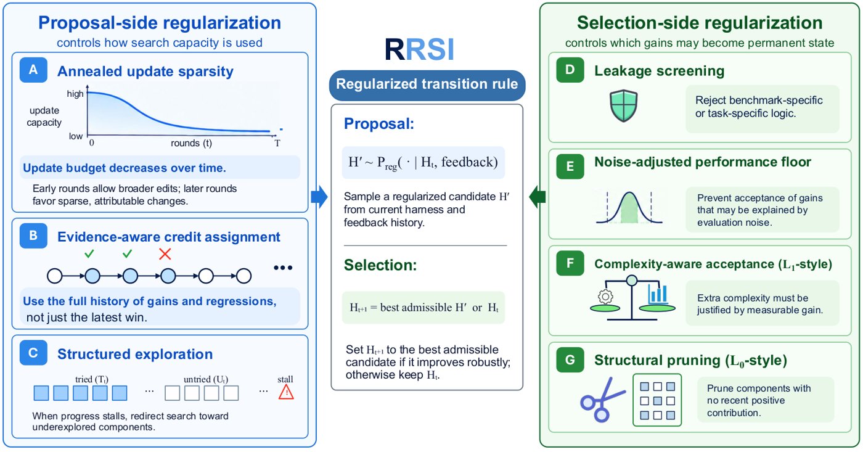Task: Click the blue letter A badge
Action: [x=33, y=70]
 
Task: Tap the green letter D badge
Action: [x=570, y=70]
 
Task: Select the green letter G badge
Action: [x=570, y=360]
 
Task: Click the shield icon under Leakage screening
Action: [x=624, y=105]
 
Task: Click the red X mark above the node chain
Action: [x=165, y=254]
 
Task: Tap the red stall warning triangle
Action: [x=286, y=392]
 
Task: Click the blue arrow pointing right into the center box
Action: [x=319, y=197]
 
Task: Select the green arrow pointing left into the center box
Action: [x=538, y=197]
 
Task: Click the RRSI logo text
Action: [x=420, y=49]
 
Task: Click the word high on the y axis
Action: [x=75, y=94]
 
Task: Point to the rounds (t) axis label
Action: [x=192, y=143]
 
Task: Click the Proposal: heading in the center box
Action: [x=379, y=124]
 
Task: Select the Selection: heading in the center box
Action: [x=380, y=265]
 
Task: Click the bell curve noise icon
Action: [x=629, y=208]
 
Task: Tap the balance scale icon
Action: [x=632, y=298]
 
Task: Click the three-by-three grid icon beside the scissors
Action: [x=657, y=400]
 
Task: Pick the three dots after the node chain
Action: [x=283, y=268]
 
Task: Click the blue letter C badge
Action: [x=33, y=353]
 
